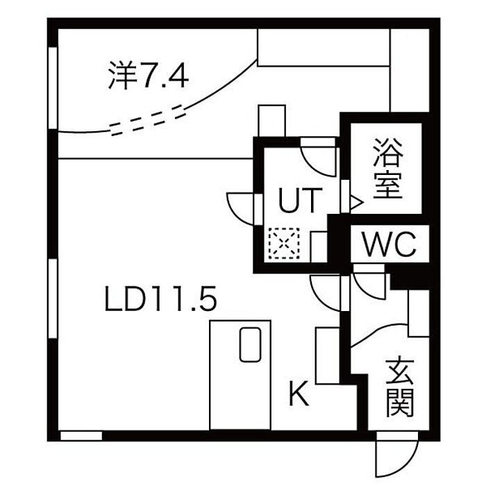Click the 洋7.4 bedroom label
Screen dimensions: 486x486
[x=149, y=76]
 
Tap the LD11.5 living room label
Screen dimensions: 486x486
[x=161, y=300]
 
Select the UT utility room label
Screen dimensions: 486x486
[x=300, y=201]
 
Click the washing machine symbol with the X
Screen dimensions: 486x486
[x=283, y=244]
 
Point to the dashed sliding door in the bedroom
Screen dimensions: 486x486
[x=149, y=119]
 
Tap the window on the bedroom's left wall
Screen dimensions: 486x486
[x=53, y=87]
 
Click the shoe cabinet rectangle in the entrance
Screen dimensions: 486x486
[x=419, y=313]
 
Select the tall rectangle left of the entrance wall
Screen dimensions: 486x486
[x=327, y=355]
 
